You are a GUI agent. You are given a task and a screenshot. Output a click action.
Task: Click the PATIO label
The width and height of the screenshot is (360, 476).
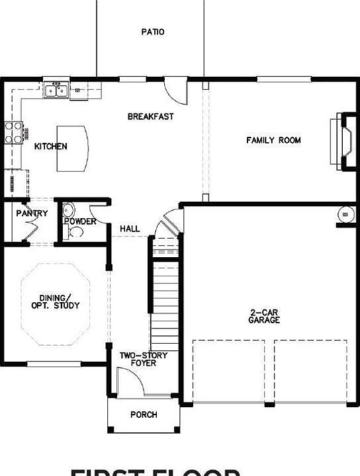tap(153, 32)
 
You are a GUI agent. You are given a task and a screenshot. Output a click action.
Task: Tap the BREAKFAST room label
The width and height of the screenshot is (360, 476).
tap(150, 116)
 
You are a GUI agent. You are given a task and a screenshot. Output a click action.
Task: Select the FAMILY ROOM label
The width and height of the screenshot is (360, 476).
tap(273, 140)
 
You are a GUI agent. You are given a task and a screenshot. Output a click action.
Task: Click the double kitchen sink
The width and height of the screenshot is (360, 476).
tap(56, 89)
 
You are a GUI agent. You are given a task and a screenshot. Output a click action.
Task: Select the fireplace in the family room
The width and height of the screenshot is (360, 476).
tap(341, 141)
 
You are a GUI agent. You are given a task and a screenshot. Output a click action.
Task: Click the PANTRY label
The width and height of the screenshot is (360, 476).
tap(32, 214)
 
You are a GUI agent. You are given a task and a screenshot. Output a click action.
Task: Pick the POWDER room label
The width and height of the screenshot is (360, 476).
tap(81, 221)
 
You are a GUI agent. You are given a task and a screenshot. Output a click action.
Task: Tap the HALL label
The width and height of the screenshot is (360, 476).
tap(130, 229)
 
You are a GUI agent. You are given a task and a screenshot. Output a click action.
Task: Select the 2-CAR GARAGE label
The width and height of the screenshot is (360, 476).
tap(264, 316)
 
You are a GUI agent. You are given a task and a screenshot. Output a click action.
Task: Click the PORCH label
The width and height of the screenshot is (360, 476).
tap(144, 415)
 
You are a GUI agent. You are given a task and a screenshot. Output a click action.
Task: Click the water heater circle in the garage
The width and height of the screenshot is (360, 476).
tap(343, 215)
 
